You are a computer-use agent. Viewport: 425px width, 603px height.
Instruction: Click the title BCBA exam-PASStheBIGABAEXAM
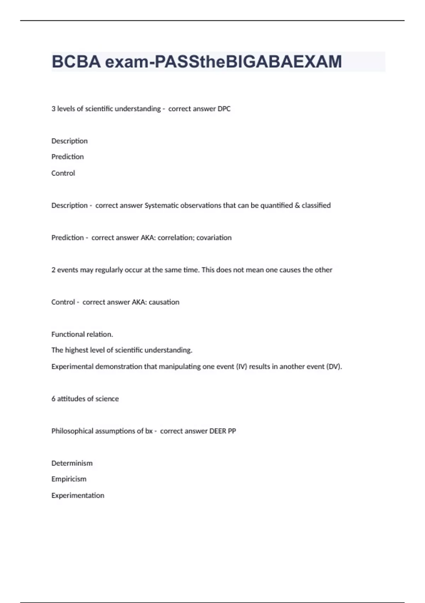pos(197,62)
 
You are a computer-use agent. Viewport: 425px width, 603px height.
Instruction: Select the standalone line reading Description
pos(69,141)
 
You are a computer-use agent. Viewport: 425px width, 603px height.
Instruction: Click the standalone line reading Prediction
pos(68,157)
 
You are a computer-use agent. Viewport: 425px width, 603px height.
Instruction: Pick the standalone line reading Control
pos(63,173)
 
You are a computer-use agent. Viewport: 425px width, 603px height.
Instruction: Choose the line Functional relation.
pos(82,334)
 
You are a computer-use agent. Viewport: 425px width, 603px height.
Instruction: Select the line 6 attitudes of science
pos(85,399)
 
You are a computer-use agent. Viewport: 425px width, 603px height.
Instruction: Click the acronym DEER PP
pos(223,431)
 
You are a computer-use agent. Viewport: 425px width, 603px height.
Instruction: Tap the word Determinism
pos(72,463)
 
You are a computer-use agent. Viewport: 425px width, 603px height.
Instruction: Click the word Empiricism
pos(69,479)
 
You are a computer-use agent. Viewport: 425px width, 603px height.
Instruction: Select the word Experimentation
pos(78,496)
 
